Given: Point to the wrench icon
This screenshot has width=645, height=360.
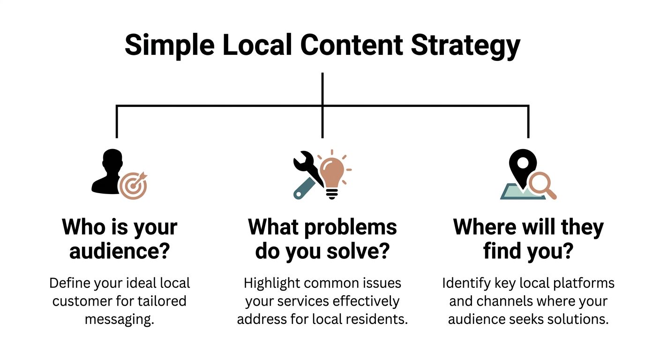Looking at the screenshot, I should [306, 176].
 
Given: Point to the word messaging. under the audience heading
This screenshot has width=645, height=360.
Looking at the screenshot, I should [119, 319].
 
